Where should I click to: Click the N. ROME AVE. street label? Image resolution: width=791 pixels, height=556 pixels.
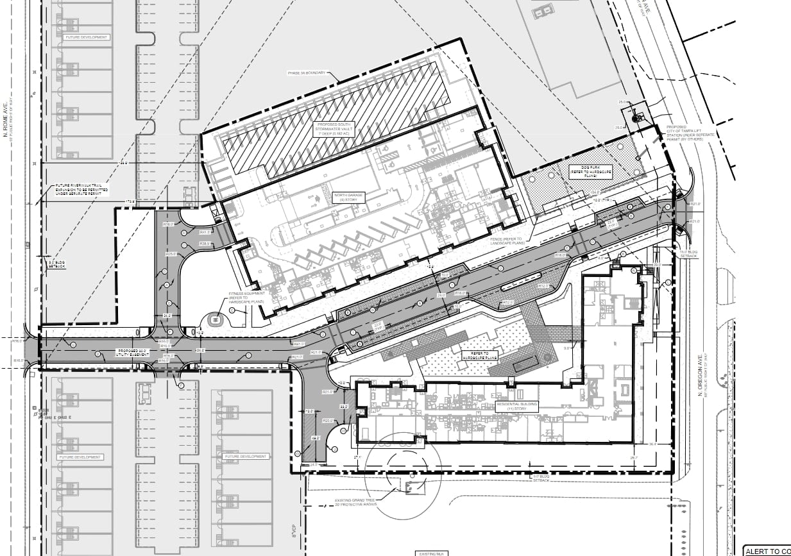click(4, 121)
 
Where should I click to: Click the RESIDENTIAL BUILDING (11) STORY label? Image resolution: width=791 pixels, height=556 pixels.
click(516, 405)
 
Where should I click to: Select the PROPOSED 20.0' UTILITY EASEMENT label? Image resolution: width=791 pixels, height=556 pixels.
click(131, 353)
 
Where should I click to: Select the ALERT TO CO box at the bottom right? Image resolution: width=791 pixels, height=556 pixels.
click(767, 551)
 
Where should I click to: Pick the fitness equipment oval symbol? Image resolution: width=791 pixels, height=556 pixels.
click(215, 319)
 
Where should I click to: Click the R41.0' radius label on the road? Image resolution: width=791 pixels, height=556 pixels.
click(297, 344)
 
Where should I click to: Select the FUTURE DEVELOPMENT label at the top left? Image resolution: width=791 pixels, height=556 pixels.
click(87, 37)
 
